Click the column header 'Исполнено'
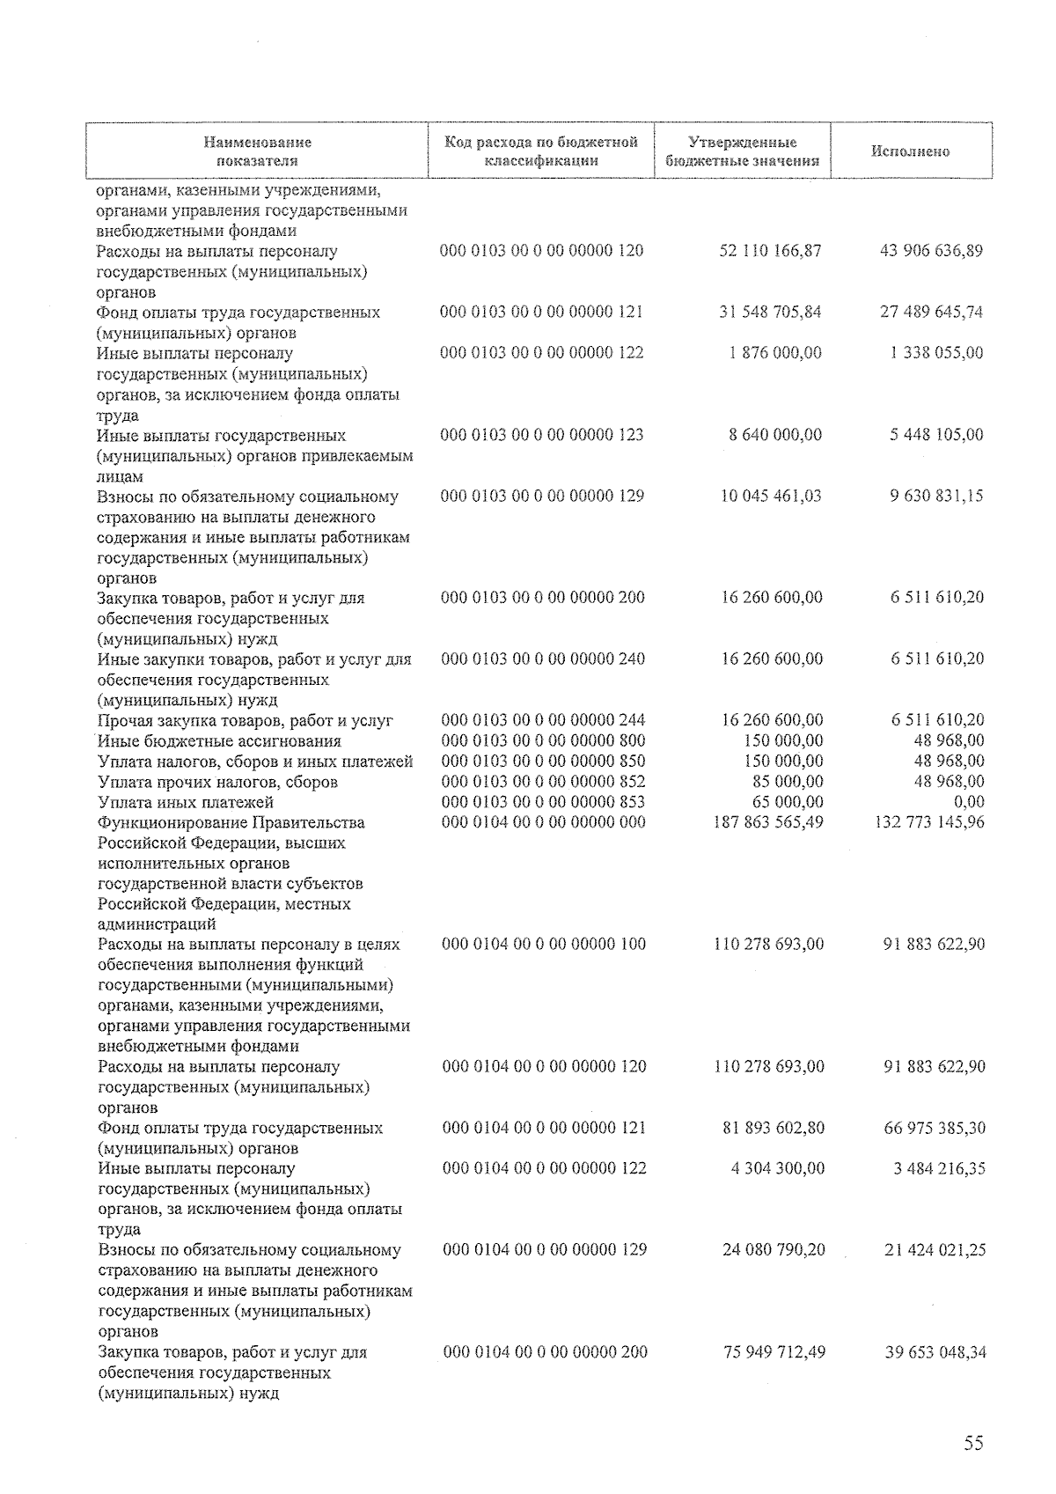pos(910,151)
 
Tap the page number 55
pos(972,1443)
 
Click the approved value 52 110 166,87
pos(770,251)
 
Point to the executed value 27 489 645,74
pos(931,312)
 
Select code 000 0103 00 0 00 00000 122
pos(541,353)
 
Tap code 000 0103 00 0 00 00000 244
pos(542,720)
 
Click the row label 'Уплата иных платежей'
pos(186,802)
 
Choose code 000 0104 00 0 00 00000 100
pos(543,945)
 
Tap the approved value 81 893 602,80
pos(773,1128)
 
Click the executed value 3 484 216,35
pos(935,1169)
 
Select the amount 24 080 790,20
pos(773,1250)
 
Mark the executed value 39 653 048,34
pos(935,1352)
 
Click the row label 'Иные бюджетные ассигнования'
pos(219,741)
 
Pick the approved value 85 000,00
pos(783,782)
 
